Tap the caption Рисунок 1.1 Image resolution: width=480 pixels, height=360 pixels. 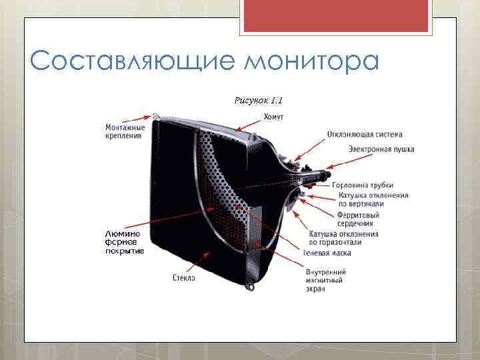(259, 101)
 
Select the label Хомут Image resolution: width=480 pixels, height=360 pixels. (273, 117)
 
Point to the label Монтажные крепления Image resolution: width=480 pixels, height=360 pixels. (124, 131)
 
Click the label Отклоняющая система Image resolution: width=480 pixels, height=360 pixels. (364, 134)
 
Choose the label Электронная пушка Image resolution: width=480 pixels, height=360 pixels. (381, 149)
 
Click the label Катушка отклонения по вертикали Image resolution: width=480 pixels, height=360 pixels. (373, 199)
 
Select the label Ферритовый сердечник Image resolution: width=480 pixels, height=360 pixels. (358, 219)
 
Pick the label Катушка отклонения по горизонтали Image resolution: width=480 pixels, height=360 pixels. (343, 238)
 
